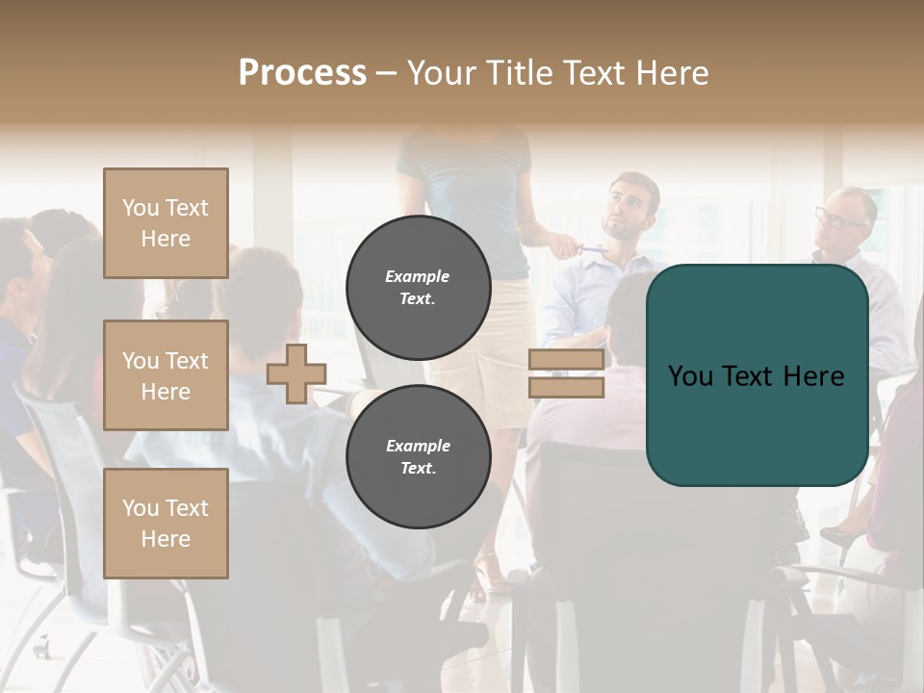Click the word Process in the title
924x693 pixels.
click(302, 73)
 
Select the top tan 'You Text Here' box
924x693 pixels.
click(166, 223)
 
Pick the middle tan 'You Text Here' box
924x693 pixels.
click(166, 375)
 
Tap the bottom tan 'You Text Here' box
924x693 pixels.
click(166, 523)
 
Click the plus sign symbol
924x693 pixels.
click(295, 373)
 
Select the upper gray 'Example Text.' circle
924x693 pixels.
click(418, 287)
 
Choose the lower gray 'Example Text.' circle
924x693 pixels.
click(418, 456)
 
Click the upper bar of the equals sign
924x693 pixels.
click(566, 360)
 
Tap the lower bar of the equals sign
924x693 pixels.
click(566, 387)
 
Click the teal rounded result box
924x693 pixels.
click(757, 375)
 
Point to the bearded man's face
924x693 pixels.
click(626, 207)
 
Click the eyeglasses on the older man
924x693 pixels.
click(838, 218)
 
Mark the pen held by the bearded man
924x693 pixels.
click(589, 248)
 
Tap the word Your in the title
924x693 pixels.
click(444, 73)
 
